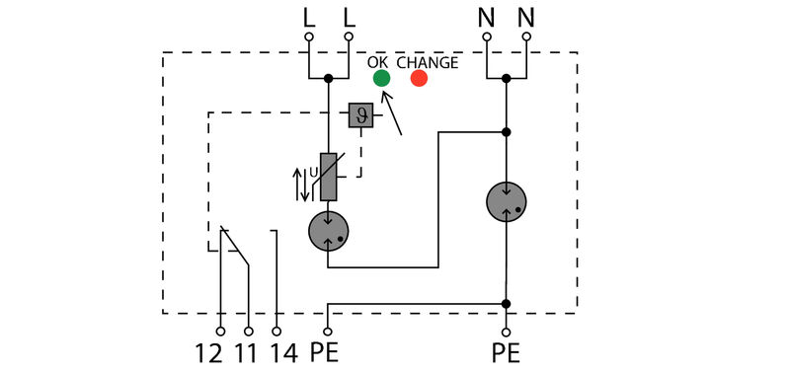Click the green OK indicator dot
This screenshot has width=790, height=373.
pyautogui.click(x=380, y=78)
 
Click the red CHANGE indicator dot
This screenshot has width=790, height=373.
pyautogui.click(x=419, y=78)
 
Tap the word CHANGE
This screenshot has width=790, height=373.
pyautogui.click(x=428, y=62)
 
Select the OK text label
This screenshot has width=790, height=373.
pyautogui.click(x=378, y=62)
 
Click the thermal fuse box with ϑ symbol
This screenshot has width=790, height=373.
pyautogui.click(x=359, y=116)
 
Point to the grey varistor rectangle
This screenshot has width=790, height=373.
pyautogui.click(x=329, y=177)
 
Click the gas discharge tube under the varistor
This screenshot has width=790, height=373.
pyautogui.click(x=329, y=233)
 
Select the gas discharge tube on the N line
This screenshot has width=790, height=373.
pyautogui.click(x=507, y=202)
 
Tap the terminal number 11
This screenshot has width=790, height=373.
pyautogui.click(x=248, y=352)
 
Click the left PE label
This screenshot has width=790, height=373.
pyautogui.click(x=327, y=352)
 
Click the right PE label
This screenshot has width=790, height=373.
pyautogui.click(x=506, y=352)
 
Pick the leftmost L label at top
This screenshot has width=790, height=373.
pyautogui.click(x=308, y=17)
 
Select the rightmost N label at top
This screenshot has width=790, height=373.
pyautogui.click(x=526, y=17)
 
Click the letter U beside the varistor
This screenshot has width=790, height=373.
pyautogui.click(x=314, y=172)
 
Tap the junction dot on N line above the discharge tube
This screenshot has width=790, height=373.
pyautogui.click(x=507, y=131)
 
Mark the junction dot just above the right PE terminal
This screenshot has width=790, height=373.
pyautogui.click(x=507, y=304)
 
